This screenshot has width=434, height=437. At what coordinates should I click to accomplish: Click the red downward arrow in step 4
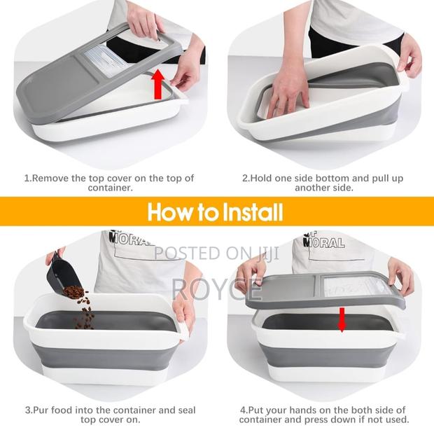tap(342, 319)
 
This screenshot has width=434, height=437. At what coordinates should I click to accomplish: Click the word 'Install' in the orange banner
tap(251, 211)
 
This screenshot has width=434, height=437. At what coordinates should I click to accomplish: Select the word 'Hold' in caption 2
tap(267, 178)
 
